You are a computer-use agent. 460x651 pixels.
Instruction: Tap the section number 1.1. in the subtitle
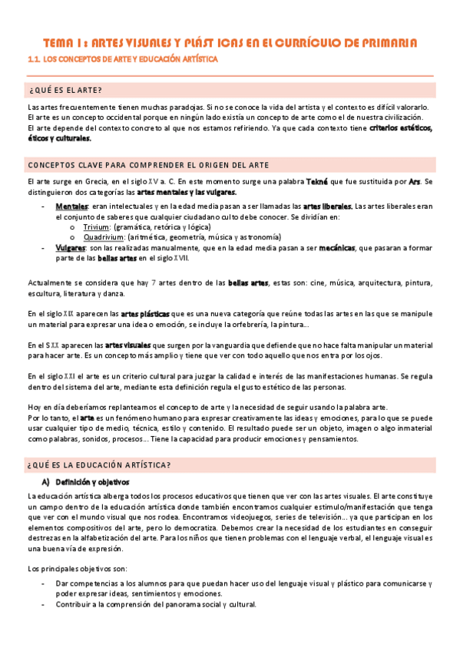[34, 58]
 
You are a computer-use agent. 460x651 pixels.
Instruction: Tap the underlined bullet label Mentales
[71, 207]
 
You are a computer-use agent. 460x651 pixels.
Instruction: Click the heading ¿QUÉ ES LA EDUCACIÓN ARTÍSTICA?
[98, 466]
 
